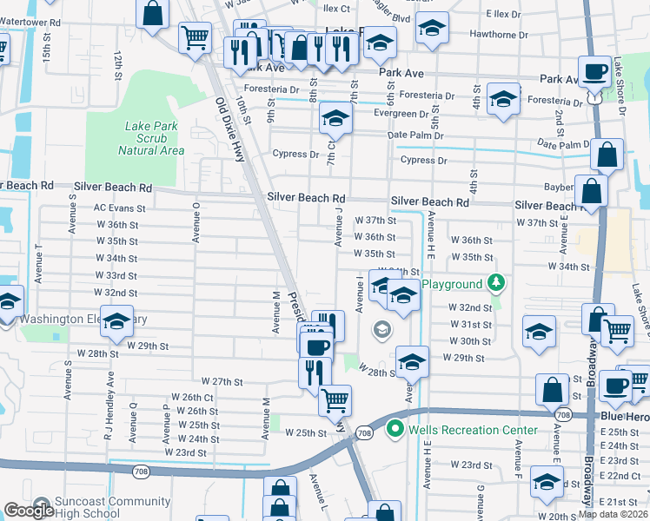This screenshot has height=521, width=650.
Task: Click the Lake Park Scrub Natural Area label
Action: coord(152,138)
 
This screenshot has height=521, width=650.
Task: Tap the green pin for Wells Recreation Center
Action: coord(396,428)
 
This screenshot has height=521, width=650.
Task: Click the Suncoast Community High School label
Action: coord(100,507)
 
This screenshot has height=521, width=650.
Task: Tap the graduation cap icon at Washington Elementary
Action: coord(116,322)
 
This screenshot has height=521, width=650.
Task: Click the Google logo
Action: coord(29,511)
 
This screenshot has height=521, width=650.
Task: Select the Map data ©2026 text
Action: coord(614,514)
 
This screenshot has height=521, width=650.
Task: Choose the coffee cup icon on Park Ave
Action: coord(595,71)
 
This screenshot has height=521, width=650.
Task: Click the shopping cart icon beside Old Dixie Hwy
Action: coord(195,36)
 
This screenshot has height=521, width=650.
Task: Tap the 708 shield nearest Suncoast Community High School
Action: coord(141,471)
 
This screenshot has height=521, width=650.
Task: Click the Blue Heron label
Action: coord(625,417)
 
